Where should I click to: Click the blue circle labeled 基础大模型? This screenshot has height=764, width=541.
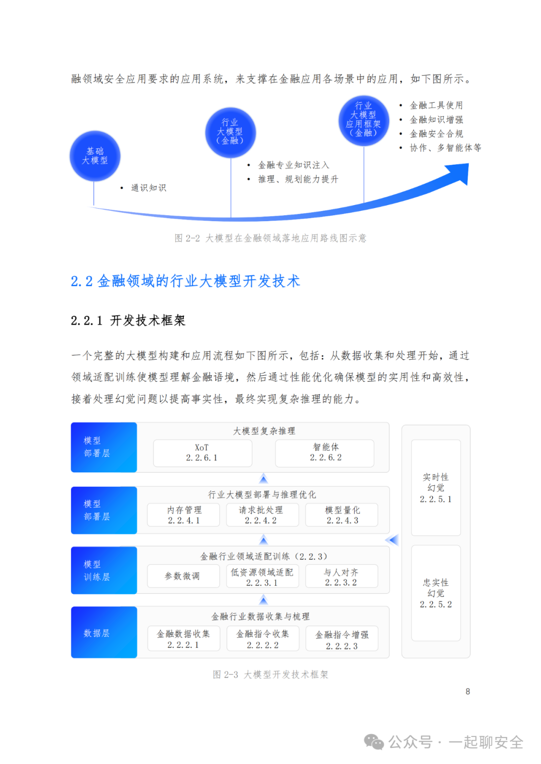click(x=95, y=156)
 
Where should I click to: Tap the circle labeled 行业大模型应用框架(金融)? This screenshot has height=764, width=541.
click(x=364, y=120)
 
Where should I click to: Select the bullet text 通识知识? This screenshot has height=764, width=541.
click(x=148, y=188)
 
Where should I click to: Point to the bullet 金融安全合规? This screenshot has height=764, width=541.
click(x=436, y=134)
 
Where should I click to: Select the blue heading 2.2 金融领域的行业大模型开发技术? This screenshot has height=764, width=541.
click(x=185, y=281)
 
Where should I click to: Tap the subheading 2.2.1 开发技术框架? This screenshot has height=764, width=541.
click(x=128, y=321)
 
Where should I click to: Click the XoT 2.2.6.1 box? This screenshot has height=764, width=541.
click(x=202, y=453)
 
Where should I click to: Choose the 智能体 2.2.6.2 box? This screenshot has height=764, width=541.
click(x=325, y=453)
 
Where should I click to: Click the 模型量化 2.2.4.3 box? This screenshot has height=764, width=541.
click(x=342, y=515)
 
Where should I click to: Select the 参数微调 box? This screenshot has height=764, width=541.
click(x=183, y=576)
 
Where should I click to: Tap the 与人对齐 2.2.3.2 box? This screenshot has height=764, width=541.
click(x=341, y=576)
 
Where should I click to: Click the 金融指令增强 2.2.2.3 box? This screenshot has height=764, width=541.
click(x=342, y=639)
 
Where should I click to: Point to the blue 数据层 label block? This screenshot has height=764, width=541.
click(x=104, y=632)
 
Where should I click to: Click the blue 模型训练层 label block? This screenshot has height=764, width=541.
click(x=104, y=570)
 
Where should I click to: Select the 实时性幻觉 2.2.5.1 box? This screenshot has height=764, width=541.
click(x=436, y=487)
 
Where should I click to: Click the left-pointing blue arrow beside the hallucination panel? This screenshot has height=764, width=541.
click(x=392, y=540)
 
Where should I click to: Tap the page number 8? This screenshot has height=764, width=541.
click(x=468, y=691)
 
